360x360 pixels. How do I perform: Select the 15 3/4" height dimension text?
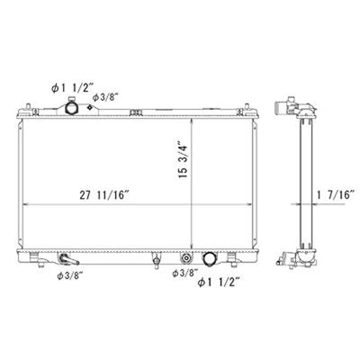[x=183, y=161]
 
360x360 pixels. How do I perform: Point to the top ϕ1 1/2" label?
[x=73, y=88]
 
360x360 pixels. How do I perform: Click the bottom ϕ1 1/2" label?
[x=219, y=283]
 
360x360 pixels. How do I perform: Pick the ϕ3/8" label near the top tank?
[x=105, y=97]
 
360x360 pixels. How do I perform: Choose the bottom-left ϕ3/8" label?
[x=70, y=276]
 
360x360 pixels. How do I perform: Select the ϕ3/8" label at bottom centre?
[x=185, y=273]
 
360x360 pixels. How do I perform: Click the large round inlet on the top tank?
[x=71, y=107]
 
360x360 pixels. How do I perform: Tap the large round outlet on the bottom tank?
[x=209, y=258]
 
